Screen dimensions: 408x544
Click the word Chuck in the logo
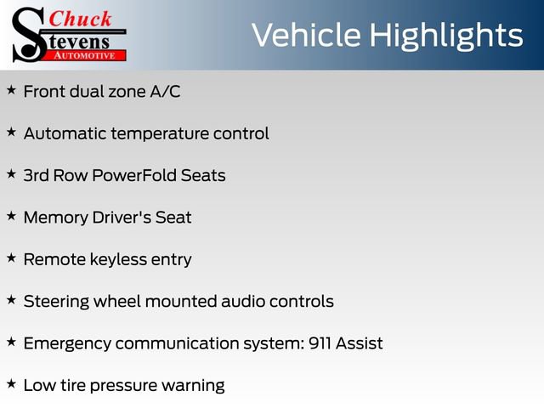coord(81,18)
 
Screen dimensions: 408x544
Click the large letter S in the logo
coord(28,34)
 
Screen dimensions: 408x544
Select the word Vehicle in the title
coord(308,35)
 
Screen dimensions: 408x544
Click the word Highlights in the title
coord(447,36)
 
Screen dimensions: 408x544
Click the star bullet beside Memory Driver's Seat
coord(11,216)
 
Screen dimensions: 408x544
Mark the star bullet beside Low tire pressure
coord(11,384)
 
